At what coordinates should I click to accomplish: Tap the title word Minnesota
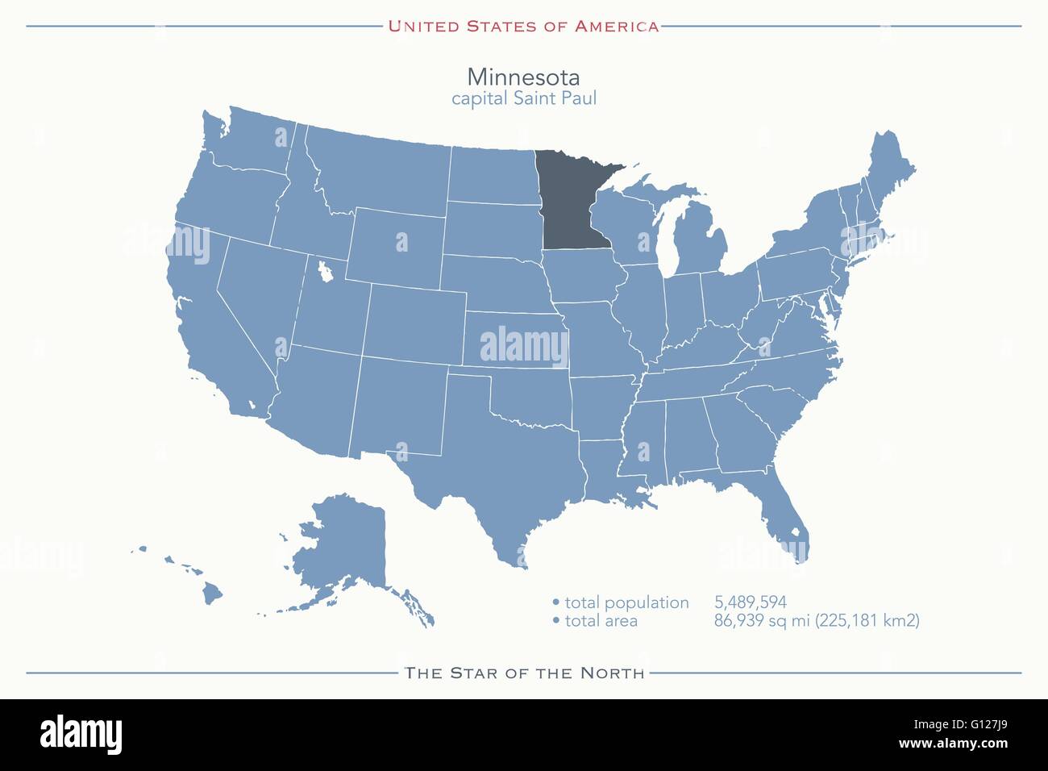click(523, 77)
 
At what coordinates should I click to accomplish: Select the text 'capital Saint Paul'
click(523, 98)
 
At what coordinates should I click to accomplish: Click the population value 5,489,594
click(750, 602)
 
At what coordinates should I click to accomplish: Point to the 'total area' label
click(601, 621)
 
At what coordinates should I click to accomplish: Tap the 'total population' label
click(626, 602)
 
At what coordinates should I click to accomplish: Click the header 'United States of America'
click(523, 26)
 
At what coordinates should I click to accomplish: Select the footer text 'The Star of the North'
click(525, 673)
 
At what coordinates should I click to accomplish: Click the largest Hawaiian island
click(212, 594)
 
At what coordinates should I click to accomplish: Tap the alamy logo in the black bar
click(81, 734)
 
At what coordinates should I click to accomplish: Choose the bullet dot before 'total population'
click(555, 602)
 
